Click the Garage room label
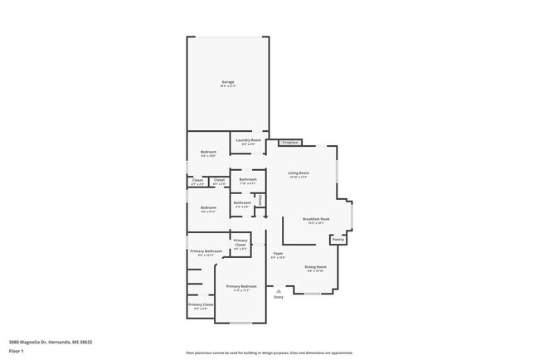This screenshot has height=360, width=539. pos(228,81)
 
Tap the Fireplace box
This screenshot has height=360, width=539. pos(289,143)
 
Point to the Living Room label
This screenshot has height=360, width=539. pos(299,173)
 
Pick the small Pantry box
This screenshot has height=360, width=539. pos(337,239)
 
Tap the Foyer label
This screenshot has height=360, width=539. pos(278,253)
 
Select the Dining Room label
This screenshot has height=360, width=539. pos(316,267)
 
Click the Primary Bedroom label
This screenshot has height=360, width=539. pos(242,286)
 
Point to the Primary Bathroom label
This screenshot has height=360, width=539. pos(206,251)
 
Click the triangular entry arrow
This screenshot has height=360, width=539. pos(279,290)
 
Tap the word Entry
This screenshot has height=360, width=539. pos(279,297)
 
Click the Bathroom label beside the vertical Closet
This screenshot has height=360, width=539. pos(242,202)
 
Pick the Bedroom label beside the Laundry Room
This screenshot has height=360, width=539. pos(208,153)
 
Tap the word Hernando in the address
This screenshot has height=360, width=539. pos(59,342)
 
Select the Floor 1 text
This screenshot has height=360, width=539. pos(16,351)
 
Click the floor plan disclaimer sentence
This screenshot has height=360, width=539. pos(269,352)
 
